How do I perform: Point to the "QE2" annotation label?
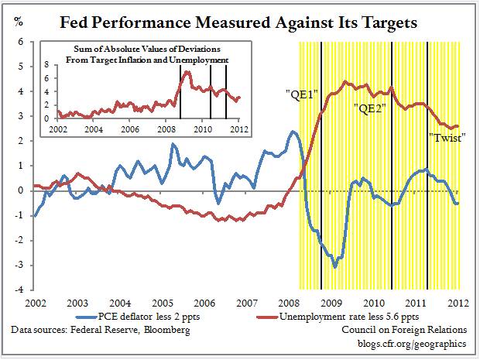tap(370, 107)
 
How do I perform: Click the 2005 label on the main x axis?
tap(162, 303)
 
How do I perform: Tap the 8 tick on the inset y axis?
tap(47, 67)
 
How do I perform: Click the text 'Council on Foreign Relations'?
tap(406, 331)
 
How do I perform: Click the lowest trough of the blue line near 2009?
tap(334, 267)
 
